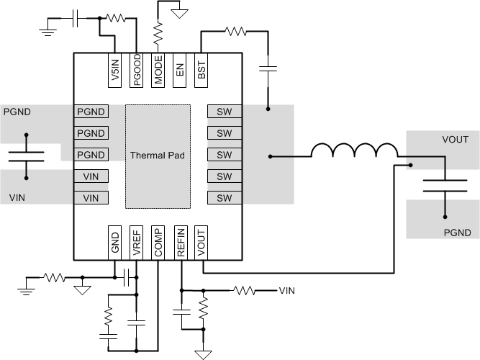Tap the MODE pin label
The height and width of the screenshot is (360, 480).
click(158, 71)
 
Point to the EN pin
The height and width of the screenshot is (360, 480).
click(180, 71)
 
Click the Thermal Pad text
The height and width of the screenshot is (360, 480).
click(158, 156)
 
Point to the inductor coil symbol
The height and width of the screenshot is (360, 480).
click(354, 150)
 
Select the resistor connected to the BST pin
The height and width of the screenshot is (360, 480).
click(236, 32)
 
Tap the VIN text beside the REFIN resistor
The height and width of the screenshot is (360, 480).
click(286, 291)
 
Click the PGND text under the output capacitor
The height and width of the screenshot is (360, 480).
click(457, 233)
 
